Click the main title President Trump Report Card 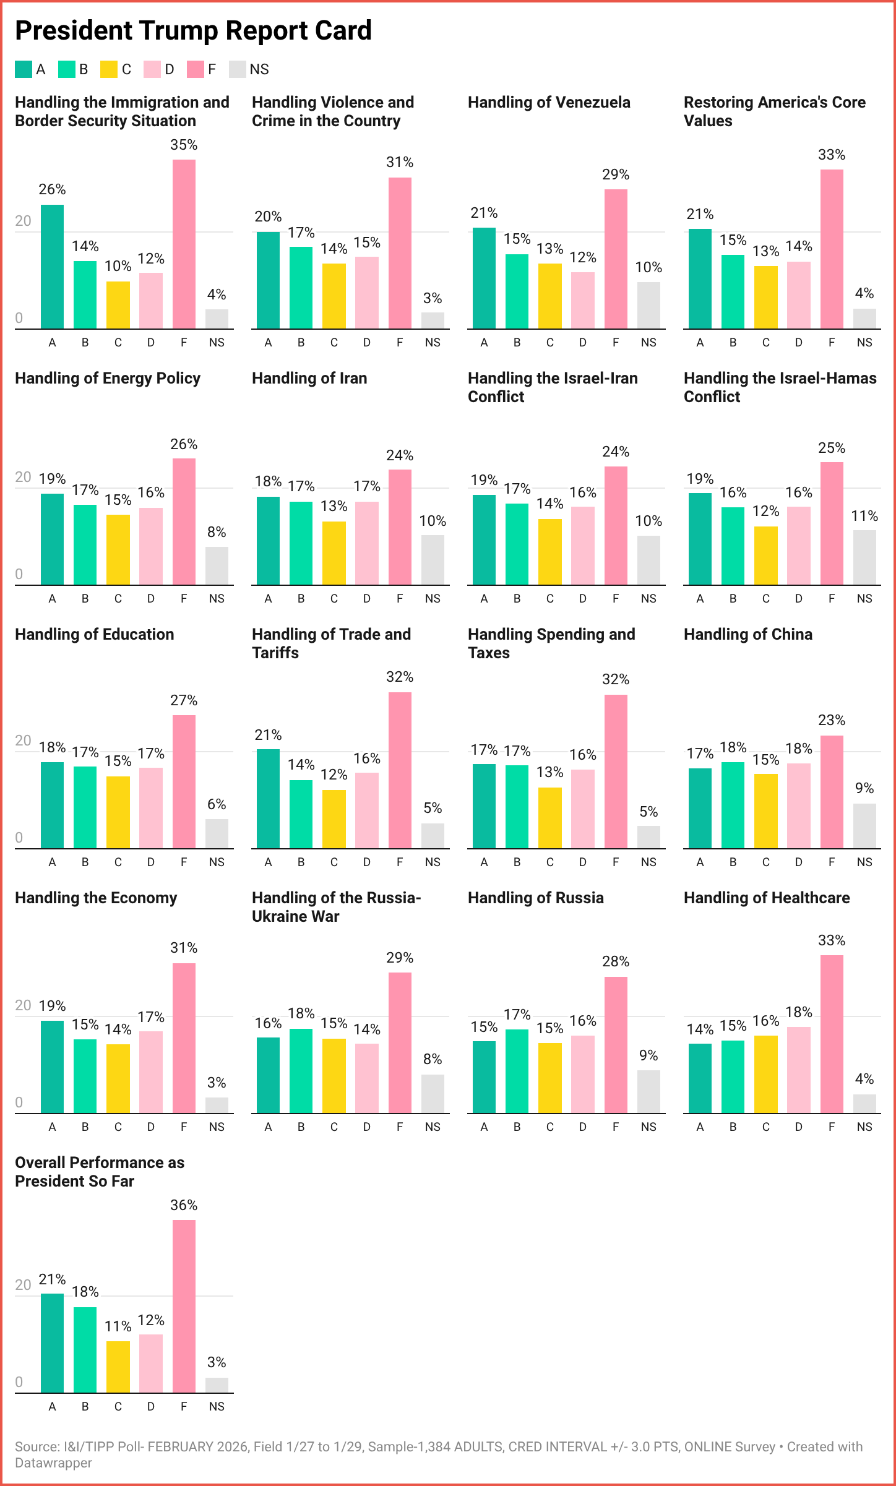[x=193, y=30]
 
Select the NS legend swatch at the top [x=238, y=69]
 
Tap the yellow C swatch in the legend [x=109, y=69]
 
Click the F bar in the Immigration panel [x=184, y=244]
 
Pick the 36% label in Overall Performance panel [x=184, y=1205]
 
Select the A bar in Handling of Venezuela [x=484, y=278]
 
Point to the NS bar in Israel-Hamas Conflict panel [x=864, y=557]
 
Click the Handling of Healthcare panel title [x=767, y=898]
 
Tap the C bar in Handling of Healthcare [x=765, y=1074]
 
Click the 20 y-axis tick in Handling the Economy [x=23, y=1005]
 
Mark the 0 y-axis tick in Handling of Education [x=19, y=838]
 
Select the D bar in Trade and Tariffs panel [x=367, y=810]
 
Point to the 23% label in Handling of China [x=831, y=720]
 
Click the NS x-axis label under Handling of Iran [x=433, y=598]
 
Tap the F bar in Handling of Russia [x=616, y=1045]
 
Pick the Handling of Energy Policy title [x=108, y=378]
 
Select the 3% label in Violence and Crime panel [x=433, y=298]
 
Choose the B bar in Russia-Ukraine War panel [x=301, y=1070]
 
